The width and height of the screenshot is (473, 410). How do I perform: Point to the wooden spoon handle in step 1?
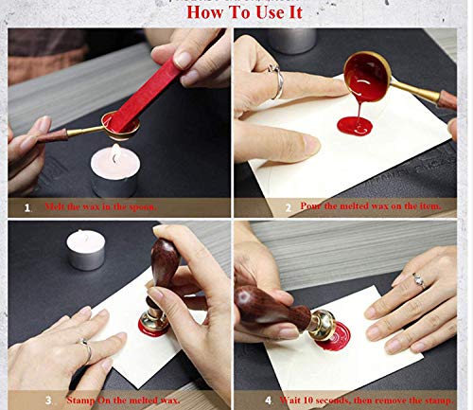click(x=52, y=134)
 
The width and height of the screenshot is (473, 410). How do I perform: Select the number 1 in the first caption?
click(x=26, y=206)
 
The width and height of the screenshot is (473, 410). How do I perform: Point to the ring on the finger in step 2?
click(x=277, y=83)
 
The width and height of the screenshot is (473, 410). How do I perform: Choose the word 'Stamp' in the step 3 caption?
click(x=81, y=400)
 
